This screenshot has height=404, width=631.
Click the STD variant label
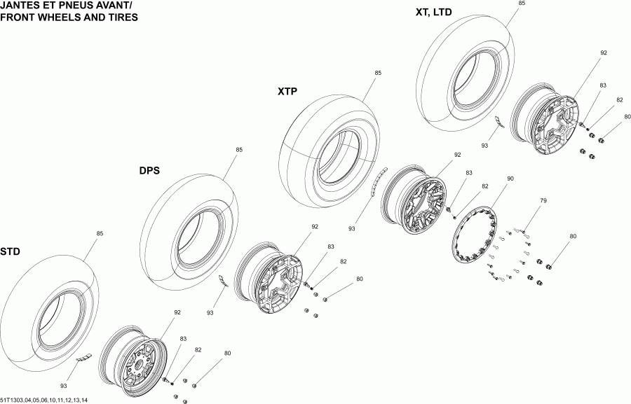10,251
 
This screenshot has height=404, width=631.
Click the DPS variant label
150,170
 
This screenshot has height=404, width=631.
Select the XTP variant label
288,91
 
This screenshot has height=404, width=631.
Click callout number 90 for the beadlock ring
510,179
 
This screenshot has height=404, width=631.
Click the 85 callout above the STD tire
100,233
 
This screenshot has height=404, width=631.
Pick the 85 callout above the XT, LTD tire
522,4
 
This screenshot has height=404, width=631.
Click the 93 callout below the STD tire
64,386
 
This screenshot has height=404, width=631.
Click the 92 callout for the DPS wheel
315,226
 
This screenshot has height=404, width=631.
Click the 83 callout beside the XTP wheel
469,173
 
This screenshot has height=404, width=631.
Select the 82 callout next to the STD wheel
198,349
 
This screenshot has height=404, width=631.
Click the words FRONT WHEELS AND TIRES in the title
69,18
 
